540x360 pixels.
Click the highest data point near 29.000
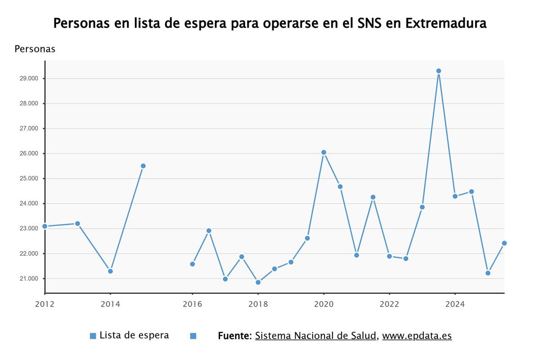click(x=438, y=71)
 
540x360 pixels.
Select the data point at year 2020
click(x=324, y=153)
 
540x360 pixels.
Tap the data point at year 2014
click(x=110, y=271)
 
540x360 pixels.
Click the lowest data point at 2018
click(x=258, y=282)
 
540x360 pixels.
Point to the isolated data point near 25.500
click(x=143, y=166)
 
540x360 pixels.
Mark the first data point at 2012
click(x=45, y=226)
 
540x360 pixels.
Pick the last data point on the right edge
click(x=504, y=243)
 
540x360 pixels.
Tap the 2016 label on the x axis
click(x=192, y=304)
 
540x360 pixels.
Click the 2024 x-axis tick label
click(x=455, y=304)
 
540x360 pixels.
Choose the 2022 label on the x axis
click(x=389, y=304)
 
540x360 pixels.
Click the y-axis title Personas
click(x=35, y=49)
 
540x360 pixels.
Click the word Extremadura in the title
click(x=445, y=23)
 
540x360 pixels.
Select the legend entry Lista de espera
click(x=134, y=335)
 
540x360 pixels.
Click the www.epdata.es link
click(x=417, y=336)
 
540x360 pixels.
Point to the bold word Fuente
click(x=234, y=336)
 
